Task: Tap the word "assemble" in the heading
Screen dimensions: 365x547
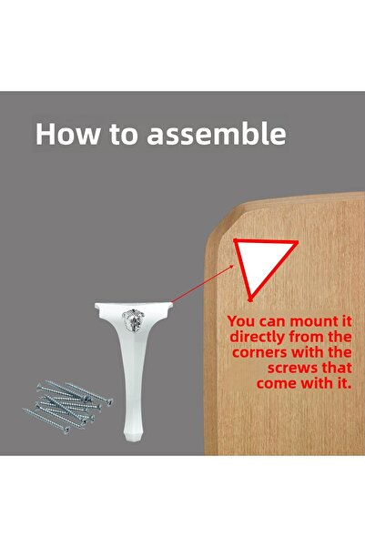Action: click(217, 134)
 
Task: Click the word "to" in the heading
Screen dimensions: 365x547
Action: click(124, 135)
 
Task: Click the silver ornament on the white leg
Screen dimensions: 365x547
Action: click(133, 319)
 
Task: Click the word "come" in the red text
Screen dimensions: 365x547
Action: click(277, 383)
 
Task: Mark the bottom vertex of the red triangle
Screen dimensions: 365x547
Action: click(250, 299)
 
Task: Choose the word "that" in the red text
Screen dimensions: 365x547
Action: click(337, 368)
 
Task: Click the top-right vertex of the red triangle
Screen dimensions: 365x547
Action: click(297, 241)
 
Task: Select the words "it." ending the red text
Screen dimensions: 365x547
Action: click(341, 383)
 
